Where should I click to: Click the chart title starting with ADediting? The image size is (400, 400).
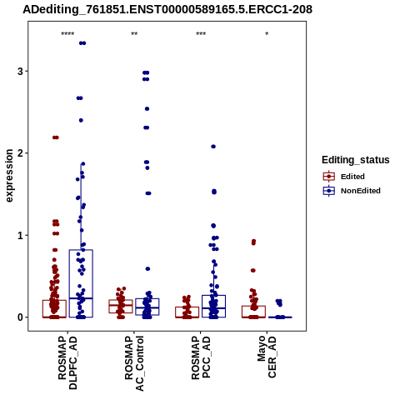tap(167, 9)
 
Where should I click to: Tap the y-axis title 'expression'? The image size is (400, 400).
tap(9, 176)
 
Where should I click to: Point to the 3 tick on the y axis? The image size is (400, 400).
tap(20, 72)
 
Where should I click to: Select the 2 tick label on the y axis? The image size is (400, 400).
tap(20, 153)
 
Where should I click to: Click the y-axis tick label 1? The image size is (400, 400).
tap(20, 235)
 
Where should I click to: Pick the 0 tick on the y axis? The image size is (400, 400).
tap(20, 317)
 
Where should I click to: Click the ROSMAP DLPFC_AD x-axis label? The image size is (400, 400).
tap(67, 362)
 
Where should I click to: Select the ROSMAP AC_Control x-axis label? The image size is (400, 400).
tap(134, 363)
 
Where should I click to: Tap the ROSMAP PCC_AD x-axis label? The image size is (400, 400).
tap(201, 357)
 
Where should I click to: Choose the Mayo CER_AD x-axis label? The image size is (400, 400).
tap(267, 357)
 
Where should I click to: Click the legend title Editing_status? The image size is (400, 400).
tap(356, 160)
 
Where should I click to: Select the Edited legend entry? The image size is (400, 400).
tap(343, 177)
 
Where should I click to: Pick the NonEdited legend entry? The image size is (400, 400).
tap(352, 191)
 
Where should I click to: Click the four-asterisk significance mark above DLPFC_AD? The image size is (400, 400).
tap(67, 34)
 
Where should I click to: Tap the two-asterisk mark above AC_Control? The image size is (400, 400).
tap(134, 34)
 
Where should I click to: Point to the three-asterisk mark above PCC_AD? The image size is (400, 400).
tap(201, 34)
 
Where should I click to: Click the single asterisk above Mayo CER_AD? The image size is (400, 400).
tap(267, 34)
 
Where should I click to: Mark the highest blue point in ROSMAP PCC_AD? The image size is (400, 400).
tap(213, 147)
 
